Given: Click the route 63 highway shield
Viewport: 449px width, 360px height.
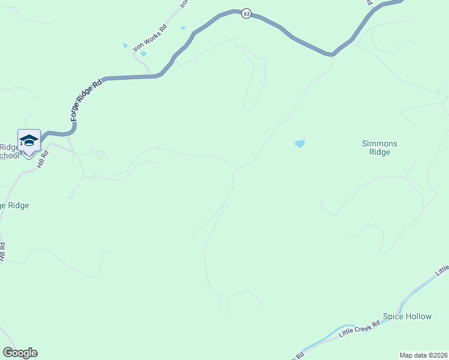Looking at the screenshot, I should coord(246,14).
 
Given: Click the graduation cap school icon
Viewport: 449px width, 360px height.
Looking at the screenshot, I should coord(28,141).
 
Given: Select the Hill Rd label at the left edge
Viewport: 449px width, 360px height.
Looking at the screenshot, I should coord(3,251).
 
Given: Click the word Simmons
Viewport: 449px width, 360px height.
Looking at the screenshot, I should coord(379,143).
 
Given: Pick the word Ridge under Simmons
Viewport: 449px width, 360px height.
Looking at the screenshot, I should coord(379,152).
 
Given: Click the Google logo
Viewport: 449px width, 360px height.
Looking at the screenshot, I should coord(20,353).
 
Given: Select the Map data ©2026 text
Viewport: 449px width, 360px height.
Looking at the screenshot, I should coord(423,355).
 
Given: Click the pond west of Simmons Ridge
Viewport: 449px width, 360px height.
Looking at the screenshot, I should coord(300,143).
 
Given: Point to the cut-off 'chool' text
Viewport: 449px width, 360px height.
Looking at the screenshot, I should coord(8,155).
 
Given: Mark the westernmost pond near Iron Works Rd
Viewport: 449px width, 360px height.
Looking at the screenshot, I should coord(125,46).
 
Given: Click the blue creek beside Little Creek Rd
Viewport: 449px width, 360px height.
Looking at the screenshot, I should coord(414,294).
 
